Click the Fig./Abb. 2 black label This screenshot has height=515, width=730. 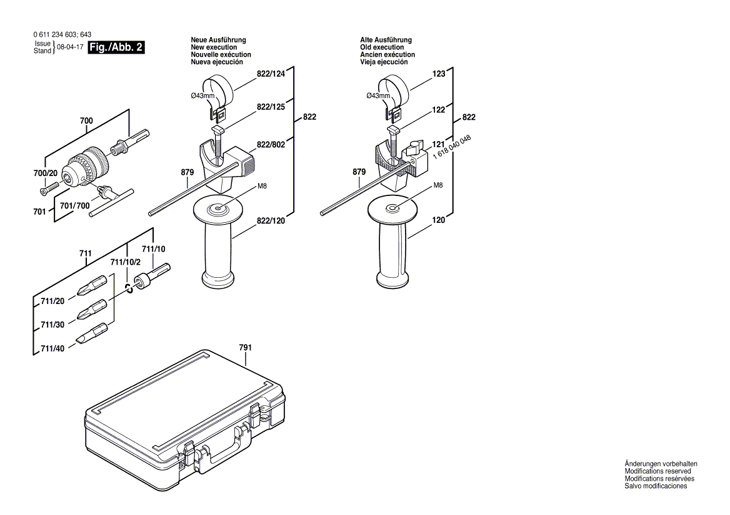[x=117, y=47]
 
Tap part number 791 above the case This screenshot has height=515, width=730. [x=245, y=347]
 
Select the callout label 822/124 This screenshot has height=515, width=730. [x=271, y=74]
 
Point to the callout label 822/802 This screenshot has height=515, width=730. [x=271, y=145]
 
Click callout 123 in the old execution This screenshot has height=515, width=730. [x=439, y=74]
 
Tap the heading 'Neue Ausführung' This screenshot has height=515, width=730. [x=218, y=40]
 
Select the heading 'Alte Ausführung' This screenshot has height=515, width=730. [x=386, y=40]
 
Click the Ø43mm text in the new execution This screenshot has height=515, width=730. [x=202, y=96]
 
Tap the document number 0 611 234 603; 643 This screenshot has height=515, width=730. [x=61, y=35]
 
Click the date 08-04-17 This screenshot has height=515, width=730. [x=69, y=47]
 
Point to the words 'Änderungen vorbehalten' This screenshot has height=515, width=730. [x=661, y=464]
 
